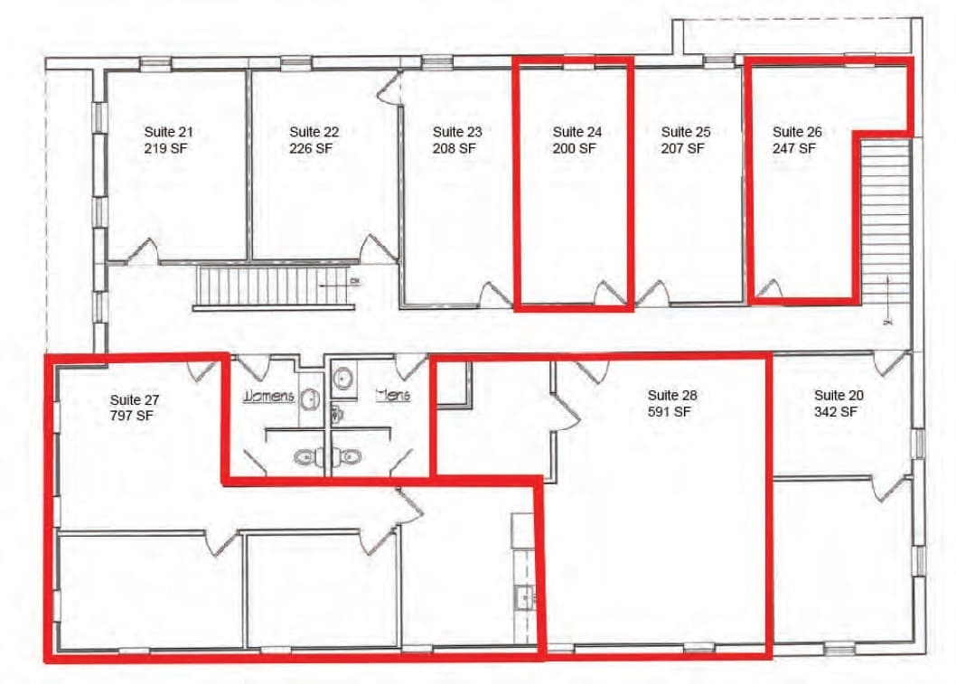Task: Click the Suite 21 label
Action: point(168,132)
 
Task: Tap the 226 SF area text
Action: point(310,148)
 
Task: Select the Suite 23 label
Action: point(456,132)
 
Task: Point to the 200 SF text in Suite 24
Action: point(575,148)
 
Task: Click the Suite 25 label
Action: point(686,132)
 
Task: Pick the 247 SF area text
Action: point(794,148)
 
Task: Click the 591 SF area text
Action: point(670,412)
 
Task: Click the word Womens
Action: point(266,396)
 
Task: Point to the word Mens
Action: point(393,396)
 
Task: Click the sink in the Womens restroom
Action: point(309,398)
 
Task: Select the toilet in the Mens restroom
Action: point(351,456)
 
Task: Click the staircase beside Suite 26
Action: point(885,221)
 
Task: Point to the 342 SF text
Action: point(836,412)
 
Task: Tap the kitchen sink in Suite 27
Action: point(523,597)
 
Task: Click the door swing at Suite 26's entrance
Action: point(767,289)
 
